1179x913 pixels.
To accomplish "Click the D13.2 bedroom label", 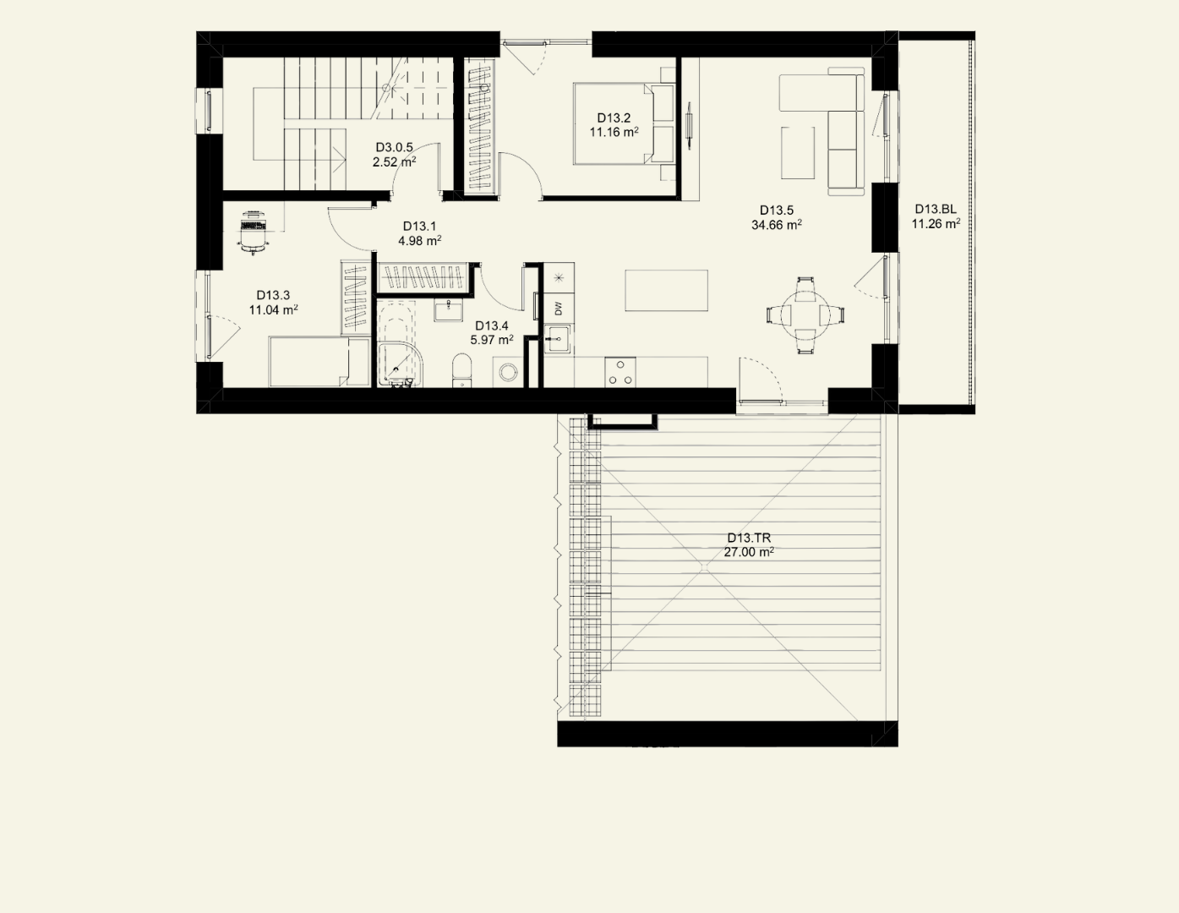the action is pos(614,118).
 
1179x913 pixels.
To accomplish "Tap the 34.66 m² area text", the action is pos(777,225).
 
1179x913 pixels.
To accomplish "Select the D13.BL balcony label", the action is pos(936,210).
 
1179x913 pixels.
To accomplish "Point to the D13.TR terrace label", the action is pos(749,538).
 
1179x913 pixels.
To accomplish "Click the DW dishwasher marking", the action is pos(559,309).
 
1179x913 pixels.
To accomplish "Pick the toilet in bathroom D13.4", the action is pos(461,370).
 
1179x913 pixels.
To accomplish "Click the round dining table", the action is pos(805,314).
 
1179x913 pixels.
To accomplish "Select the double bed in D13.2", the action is pos(624,123).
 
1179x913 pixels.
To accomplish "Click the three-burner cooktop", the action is pos(620,372).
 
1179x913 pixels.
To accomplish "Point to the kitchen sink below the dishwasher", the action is pos(558,339).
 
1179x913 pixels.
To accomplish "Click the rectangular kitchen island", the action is pos(666,290).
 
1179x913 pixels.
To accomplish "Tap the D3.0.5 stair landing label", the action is pos(394,148).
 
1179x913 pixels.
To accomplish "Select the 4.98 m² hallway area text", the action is pos(419,241).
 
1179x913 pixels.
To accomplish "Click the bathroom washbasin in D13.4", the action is pos(448,311).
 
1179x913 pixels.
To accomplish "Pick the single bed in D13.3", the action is pos(319,361).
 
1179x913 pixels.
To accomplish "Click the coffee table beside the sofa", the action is pos(798,152).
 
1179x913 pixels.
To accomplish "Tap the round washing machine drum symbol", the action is pos(509,372).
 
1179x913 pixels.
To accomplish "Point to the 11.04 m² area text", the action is pos(274,310).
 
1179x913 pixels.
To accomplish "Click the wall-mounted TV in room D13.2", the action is pos(690,126).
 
